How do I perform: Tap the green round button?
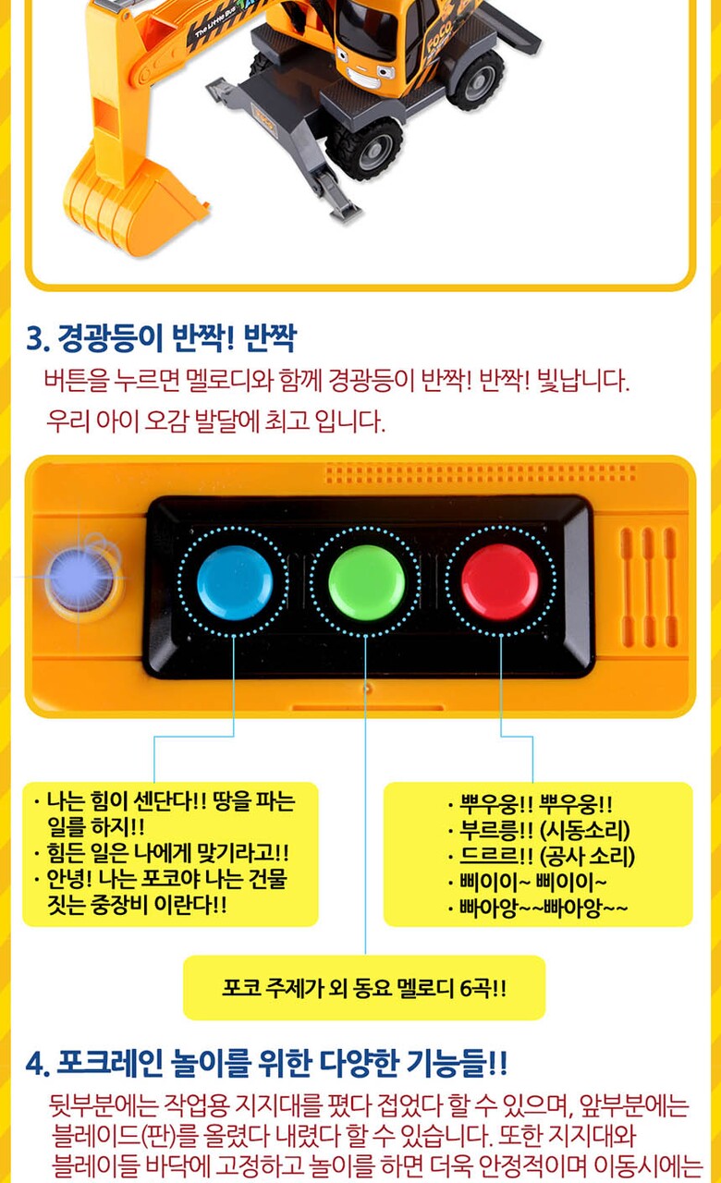click(x=367, y=582)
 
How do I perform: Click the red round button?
click(x=500, y=582)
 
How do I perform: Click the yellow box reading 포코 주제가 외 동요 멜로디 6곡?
click(x=364, y=987)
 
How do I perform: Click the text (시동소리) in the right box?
click(x=585, y=830)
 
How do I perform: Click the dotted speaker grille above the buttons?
click(x=480, y=473)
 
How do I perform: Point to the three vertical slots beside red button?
click(x=648, y=587)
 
